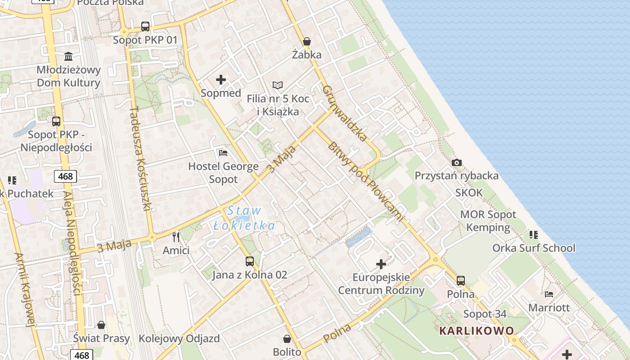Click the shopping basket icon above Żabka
[x=307, y=41]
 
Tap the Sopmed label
[x=221, y=93]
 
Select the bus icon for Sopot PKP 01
[x=145, y=27]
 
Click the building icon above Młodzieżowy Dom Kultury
[x=68, y=56]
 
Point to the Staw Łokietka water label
[x=244, y=218]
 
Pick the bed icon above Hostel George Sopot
[x=223, y=153]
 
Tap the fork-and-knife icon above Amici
[x=176, y=237]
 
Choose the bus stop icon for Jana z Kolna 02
[x=249, y=261]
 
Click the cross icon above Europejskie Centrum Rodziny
[x=381, y=264]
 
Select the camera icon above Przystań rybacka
[x=457, y=162]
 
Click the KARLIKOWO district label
[x=477, y=331]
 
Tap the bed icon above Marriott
[x=549, y=294]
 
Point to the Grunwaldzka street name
[x=345, y=113]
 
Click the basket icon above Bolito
[x=287, y=338]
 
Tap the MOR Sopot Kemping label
[x=488, y=220]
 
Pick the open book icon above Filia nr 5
[x=278, y=85]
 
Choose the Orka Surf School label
[x=534, y=248]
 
